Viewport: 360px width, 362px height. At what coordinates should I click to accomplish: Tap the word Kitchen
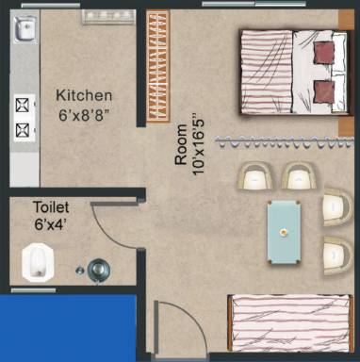coord(84,96)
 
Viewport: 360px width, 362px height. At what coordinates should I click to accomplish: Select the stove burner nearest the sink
coord(21,102)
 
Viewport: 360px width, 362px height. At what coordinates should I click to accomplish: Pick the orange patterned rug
coord(157,63)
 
